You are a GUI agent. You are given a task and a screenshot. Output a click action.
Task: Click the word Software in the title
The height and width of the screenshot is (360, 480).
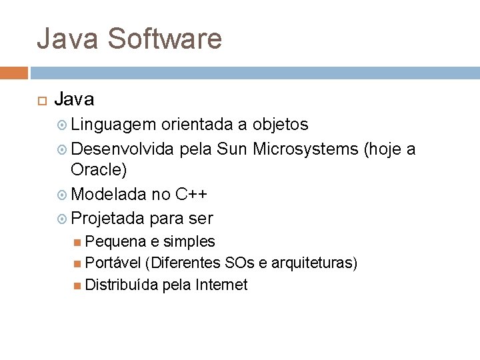coord(164,39)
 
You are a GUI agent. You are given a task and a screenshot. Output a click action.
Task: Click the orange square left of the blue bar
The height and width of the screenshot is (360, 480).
coord(14,73)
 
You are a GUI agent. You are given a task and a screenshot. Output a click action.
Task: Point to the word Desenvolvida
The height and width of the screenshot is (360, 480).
coord(125,149)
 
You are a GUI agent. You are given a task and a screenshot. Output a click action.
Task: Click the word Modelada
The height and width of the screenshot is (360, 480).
coord(109,194)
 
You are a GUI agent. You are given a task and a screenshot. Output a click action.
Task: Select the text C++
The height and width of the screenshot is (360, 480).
coord(191,194)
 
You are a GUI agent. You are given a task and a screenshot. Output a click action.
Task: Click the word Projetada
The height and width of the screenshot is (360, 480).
coord(108,218)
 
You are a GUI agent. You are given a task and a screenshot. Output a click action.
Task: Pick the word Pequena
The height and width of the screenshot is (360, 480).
coord(113,241)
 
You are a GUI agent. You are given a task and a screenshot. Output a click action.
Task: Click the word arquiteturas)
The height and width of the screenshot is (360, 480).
coord(314,263)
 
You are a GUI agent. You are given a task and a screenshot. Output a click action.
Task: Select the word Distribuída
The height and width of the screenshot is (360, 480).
coord(122,285)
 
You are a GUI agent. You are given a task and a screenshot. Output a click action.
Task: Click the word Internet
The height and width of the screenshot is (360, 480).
coord(221,285)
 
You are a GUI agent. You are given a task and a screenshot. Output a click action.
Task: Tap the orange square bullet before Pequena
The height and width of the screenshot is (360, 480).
coord(79,241)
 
